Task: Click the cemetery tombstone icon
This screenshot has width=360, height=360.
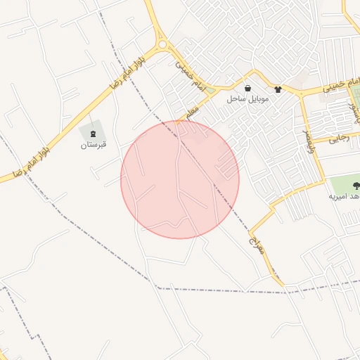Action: tap(94, 134)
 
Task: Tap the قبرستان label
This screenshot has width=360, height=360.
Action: tap(94, 146)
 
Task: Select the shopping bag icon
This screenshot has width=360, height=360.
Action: tap(248, 89)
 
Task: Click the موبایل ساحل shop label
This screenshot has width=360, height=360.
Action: tap(243, 99)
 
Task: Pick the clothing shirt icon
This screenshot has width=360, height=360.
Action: tap(278, 89)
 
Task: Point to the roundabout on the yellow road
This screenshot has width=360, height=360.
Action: tap(164, 45)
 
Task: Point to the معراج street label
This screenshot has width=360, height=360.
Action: tap(255, 245)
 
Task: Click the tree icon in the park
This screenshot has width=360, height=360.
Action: tap(356, 185)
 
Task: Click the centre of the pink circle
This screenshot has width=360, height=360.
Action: tap(180, 179)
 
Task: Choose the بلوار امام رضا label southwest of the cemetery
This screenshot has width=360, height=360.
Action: tap(27, 161)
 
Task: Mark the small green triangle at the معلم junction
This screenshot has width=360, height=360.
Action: tap(210, 90)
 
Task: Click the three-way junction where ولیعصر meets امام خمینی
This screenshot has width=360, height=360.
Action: tap(302, 94)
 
